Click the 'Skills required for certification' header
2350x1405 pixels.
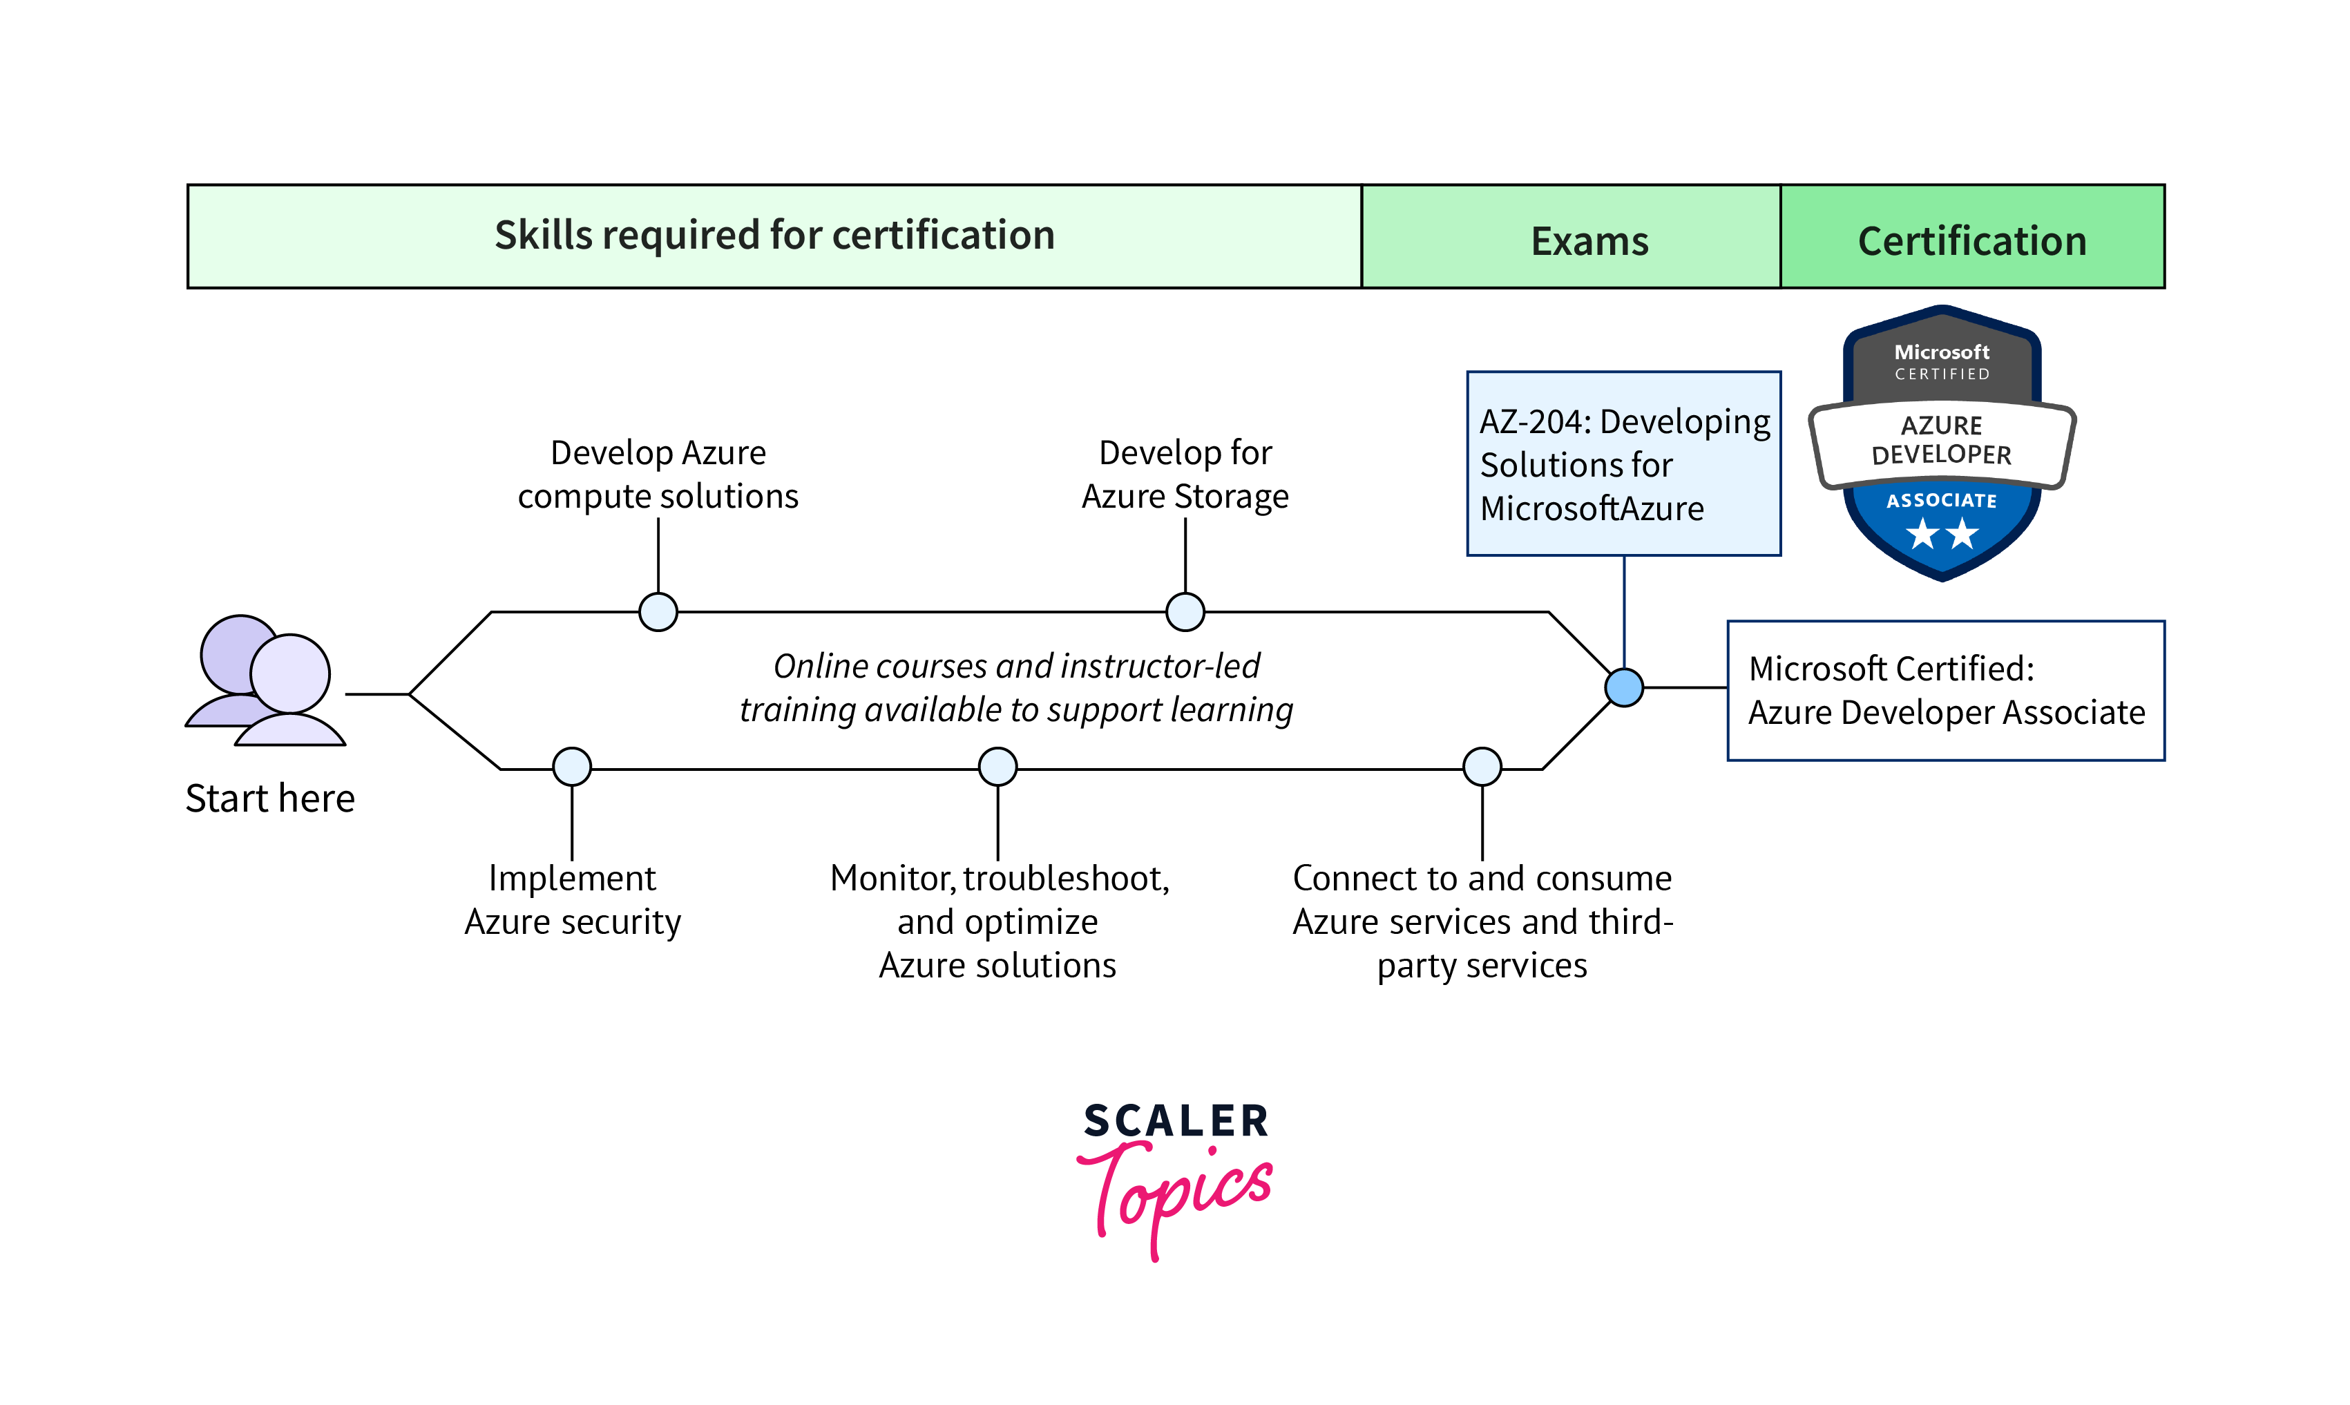pyautogui.click(x=774, y=236)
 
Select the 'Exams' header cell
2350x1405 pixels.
pyautogui.click(x=1589, y=240)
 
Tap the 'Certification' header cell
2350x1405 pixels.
pyautogui.click(x=1971, y=240)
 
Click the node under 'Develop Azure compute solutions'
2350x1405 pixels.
pyautogui.click(x=658, y=611)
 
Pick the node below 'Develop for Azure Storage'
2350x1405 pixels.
pyautogui.click(x=1185, y=611)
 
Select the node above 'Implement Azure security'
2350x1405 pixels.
pyautogui.click(x=572, y=766)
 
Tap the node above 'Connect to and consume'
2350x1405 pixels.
pyautogui.click(x=1482, y=766)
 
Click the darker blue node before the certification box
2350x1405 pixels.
pyautogui.click(x=1624, y=687)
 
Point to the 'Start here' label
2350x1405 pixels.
pyautogui.click(x=270, y=798)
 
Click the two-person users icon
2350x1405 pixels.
pyautogui.click(x=266, y=680)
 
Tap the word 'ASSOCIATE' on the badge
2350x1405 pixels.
pyautogui.click(x=1941, y=501)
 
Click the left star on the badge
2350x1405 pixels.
pyautogui.click(x=1922, y=534)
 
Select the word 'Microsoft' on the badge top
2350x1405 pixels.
pyautogui.click(x=1941, y=351)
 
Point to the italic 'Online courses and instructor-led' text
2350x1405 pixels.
pyautogui.click(x=1016, y=667)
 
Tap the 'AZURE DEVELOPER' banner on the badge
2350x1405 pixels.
pyautogui.click(x=1941, y=440)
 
